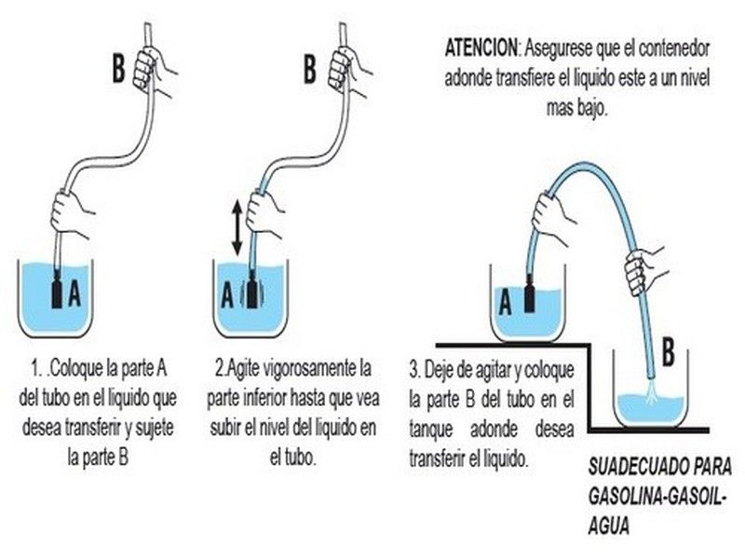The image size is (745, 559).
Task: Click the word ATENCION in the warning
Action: [x=481, y=48]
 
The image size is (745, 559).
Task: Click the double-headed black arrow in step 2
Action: [x=237, y=227]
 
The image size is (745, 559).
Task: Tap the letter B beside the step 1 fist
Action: [x=119, y=69]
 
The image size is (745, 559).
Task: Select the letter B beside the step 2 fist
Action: [x=310, y=69]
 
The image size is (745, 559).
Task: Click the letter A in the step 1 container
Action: [x=74, y=293]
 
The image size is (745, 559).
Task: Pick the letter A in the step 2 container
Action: [x=227, y=295]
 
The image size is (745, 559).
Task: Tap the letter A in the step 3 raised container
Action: [x=505, y=303]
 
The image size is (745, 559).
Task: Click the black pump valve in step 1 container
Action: [x=57, y=290]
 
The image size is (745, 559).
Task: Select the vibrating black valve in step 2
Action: [x=251, y=290]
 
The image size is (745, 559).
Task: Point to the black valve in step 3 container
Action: [x=530, y=293]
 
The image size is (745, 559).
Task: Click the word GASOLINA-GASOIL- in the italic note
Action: [x=657, y=498]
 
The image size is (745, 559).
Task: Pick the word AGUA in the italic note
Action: [x=609, y=526]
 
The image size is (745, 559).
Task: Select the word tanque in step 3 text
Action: [x=430, y=430]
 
